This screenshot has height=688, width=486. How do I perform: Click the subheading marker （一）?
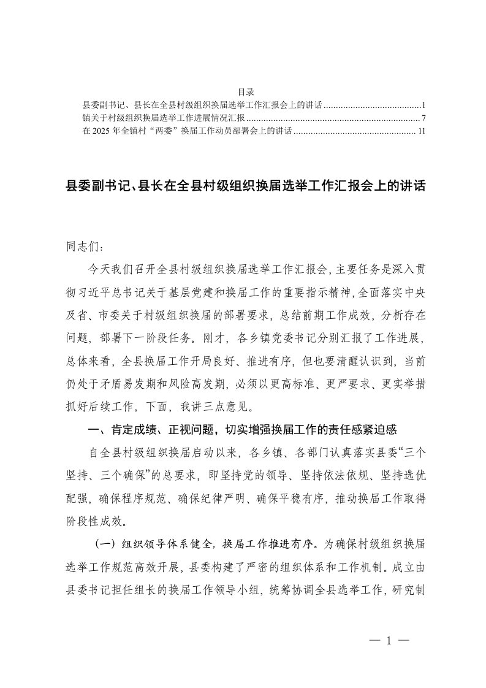[x=106, y=544]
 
